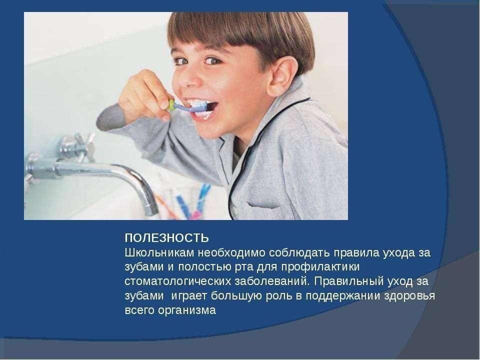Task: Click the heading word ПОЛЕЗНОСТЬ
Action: click(167, 238)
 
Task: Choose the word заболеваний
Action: click(271, 281)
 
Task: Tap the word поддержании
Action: click(340, 296)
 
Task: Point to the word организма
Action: click(187, 310)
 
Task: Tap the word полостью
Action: click(203, 267)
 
